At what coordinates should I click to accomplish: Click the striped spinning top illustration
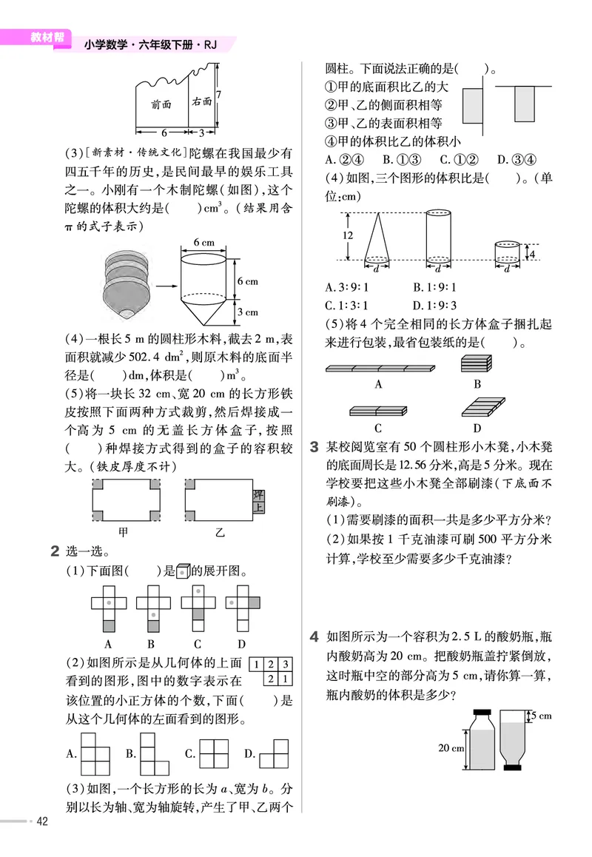(127, 282)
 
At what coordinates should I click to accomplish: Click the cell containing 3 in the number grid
(286, 665)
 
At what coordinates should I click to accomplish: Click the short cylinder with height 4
(507, 251)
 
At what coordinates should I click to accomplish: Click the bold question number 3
(314, 446)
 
